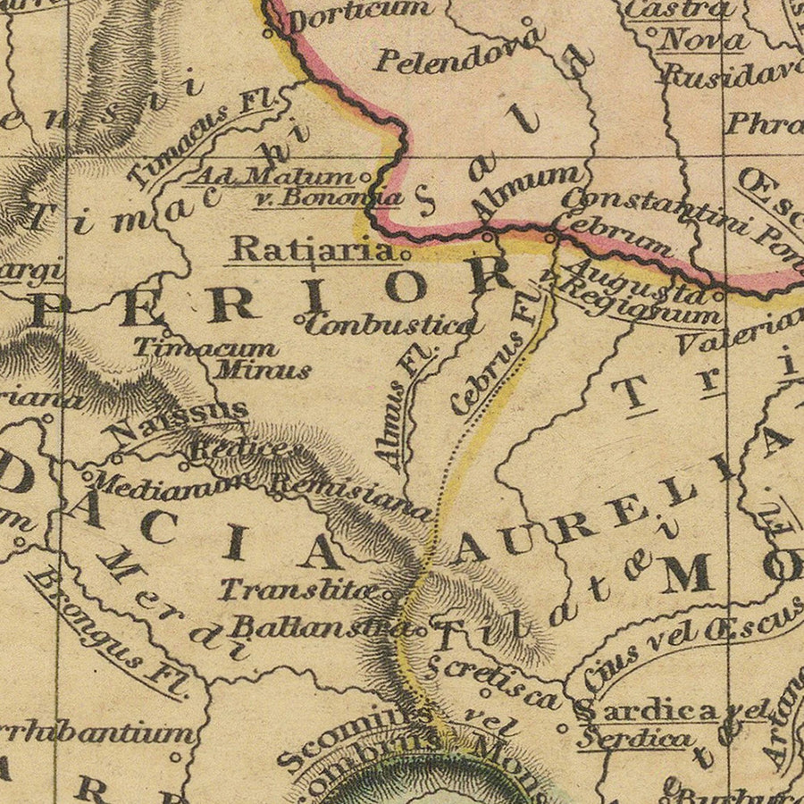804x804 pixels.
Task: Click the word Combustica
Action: click(x=389, y=323)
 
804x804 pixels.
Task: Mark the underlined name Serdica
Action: click(x=634, y=739)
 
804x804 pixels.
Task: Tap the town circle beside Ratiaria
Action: click(x=406, y=254)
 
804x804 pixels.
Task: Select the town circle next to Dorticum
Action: click(x=266, y=34)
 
